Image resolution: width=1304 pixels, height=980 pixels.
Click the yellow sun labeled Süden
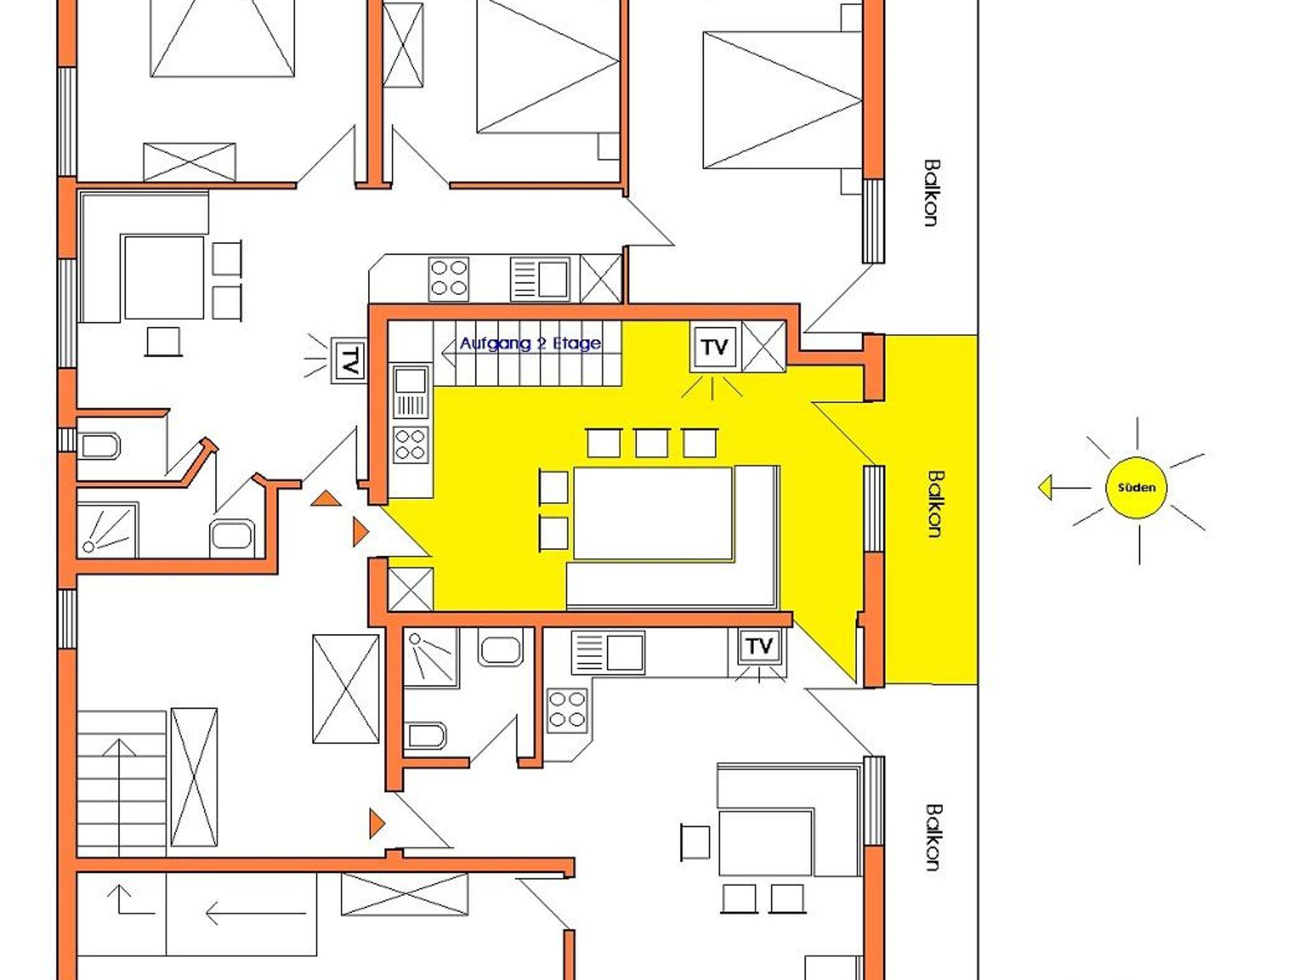point(1137,488)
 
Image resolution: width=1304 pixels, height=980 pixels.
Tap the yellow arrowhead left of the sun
point(1045,488)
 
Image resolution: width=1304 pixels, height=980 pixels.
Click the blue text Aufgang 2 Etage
point(530,343)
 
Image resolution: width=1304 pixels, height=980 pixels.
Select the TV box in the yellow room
point(714,347)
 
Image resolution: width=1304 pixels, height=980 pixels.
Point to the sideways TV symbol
point(348,360)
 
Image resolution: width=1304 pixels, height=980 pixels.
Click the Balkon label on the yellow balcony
point(935,504)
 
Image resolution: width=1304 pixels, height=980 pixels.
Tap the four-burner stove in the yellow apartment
point(411,444)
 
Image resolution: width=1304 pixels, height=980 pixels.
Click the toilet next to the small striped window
point(99,447)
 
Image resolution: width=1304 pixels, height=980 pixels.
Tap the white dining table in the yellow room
point(653,514)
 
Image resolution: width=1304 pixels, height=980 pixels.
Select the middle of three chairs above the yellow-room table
point(651,443)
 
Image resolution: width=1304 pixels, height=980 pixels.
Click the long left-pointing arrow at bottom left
point(255,913)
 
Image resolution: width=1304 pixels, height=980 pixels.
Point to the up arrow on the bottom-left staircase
point(120,797)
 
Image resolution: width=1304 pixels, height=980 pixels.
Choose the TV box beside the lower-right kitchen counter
point(759,646)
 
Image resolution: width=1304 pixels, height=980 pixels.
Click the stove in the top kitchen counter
point(449,279)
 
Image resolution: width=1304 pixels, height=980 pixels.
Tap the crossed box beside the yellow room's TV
point(763,347)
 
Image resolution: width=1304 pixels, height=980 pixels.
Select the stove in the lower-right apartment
point(567,710)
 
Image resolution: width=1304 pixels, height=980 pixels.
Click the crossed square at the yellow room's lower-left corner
point(411,589)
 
